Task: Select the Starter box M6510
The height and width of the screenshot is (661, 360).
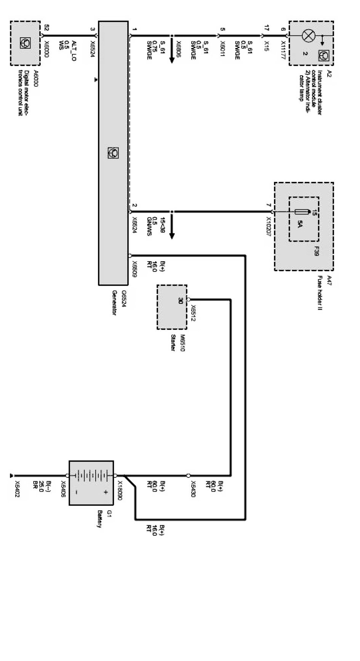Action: coord(172,307)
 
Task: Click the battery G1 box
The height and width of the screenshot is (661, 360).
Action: coord(91,483)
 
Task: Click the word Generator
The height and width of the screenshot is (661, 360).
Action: coord(114,303)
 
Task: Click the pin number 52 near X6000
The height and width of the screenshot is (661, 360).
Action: coord(46,28)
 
